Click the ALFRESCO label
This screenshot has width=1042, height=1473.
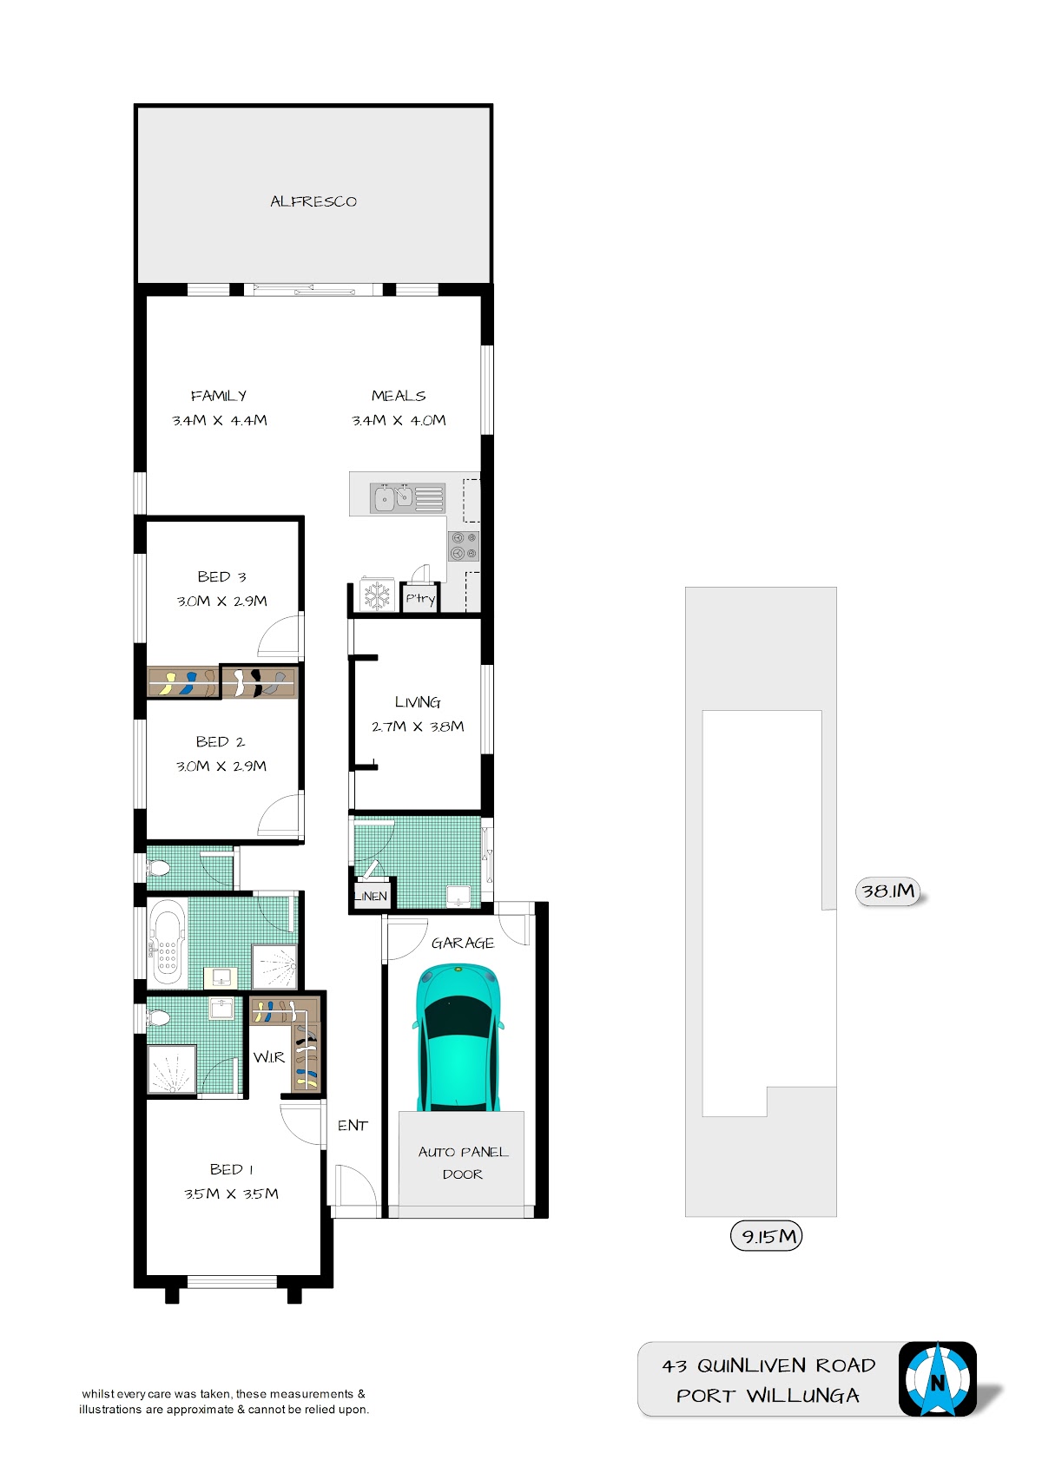(x=313, y=201)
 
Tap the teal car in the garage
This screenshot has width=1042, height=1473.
(x=458, y=1037)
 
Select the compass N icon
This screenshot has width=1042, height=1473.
(x=938, y=1378)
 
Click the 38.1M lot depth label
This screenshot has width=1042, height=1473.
(x=887, y=891)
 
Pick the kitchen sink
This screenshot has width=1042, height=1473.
(x=392, y=497)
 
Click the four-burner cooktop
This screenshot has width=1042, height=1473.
(x=463, y=546)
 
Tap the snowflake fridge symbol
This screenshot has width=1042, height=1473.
(x=377, y=595)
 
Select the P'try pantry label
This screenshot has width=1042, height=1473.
(x=420, y=598)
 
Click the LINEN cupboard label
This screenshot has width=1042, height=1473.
(x=371, y=896)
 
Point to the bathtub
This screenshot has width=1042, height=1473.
(x=167, y=943)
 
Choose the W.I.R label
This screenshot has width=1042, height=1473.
(x=269, y=1057)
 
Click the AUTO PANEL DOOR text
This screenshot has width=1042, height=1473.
(x=463, y=1162)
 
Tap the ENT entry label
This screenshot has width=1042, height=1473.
(x=353, y=1126)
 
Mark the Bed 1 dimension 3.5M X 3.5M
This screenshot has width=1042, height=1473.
(x=231, y=1194)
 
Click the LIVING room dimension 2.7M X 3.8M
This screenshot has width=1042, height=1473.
(x=418, y=727)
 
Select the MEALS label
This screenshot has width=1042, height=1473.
(x=399, y=396)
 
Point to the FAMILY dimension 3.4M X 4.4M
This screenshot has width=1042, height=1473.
(x=220, y=420)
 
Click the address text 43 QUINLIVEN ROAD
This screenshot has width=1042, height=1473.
(x=768, y=1366)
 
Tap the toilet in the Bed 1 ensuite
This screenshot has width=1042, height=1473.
(x=159, y=1019)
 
